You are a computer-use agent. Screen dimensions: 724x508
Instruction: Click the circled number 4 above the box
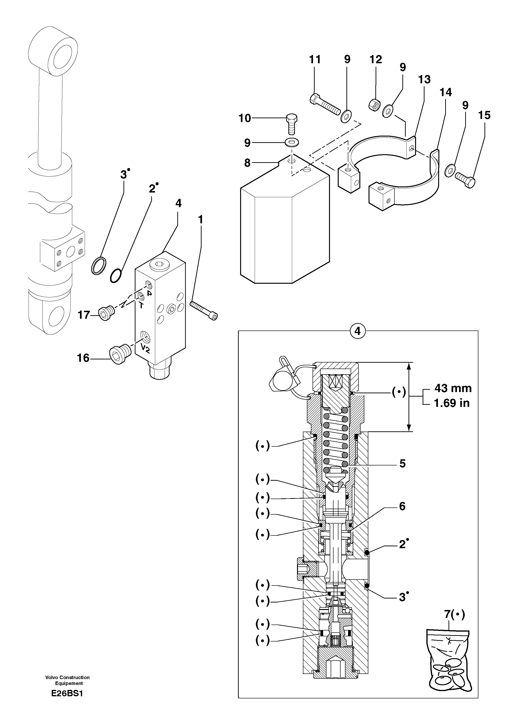click(x=357, y=331)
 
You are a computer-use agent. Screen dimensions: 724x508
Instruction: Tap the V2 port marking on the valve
click(x=145, y=348)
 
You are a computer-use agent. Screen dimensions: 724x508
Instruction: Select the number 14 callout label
click(x=445, y=92)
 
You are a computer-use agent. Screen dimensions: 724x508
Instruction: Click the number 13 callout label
click(x=424, y=79)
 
